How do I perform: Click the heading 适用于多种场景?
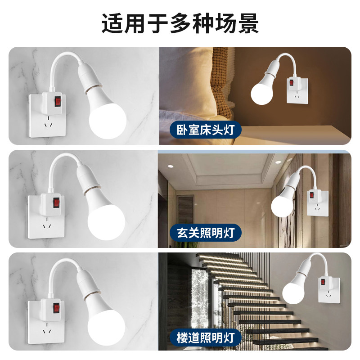(180, 23)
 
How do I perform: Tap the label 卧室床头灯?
(205, 130)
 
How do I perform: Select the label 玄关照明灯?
(205, 233)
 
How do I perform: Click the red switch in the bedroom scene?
(291, 83)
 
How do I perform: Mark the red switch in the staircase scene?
(323, 282)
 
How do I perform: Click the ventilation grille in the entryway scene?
(185, 211)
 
